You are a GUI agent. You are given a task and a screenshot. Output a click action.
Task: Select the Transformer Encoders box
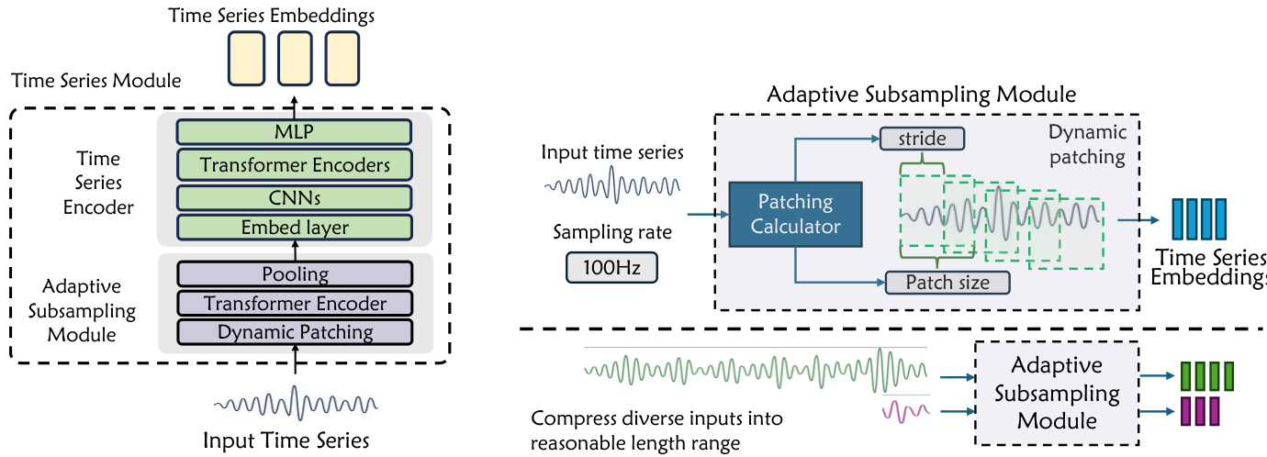coord(295,165)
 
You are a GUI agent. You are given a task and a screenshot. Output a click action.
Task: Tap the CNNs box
coord(295,197)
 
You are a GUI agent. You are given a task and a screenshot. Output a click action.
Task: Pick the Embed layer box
coord(295,228)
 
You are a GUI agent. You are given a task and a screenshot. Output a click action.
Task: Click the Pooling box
coord(295,273)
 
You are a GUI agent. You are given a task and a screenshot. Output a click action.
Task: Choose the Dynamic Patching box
coord(295,332)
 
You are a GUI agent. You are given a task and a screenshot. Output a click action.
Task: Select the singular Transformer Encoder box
coord(295,303)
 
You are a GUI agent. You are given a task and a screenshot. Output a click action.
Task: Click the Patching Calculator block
coord(796,214)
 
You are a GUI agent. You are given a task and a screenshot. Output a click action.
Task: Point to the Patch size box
coord(947,282)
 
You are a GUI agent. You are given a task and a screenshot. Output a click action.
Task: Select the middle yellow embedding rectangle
coord(296,60)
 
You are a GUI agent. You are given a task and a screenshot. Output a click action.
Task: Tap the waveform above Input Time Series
coord(295,402)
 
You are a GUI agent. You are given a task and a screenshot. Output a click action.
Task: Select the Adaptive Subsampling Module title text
coord(921,95)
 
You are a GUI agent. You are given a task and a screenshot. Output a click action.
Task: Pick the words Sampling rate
coord(611,232)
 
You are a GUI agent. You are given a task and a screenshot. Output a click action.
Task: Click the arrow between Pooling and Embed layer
coord(295,251)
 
